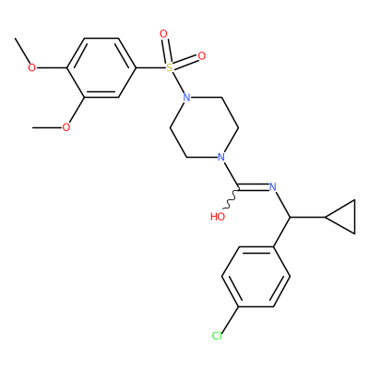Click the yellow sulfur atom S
click(170, 67)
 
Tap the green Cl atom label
click(217, 336)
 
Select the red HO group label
click(218, 217)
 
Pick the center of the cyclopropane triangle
click(345, 217)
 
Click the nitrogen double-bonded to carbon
click(272, 187)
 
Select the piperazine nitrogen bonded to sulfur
click(186, 98)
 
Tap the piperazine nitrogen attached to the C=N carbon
click(220, 157)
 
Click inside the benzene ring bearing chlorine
click(256, 277)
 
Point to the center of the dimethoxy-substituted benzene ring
click(101, 67)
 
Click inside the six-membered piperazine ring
click(204, 127)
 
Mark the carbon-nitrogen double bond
click(254, 187)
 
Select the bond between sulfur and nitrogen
click(179, 84)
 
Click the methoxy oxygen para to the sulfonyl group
click(31, 67)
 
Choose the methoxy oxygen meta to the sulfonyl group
click(66, 127)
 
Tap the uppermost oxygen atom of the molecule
click(163, 33)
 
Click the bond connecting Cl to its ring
click(230, 320)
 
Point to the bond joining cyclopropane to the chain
click(307, 217)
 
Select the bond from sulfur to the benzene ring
click(150, 67)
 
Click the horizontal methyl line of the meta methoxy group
click(47, 127)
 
